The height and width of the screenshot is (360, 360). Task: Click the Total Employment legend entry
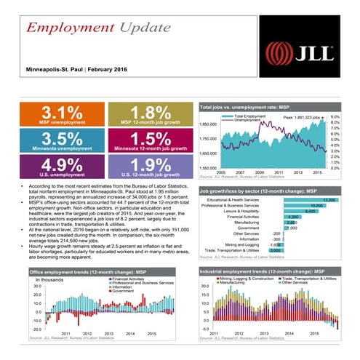tap(251, 116)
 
